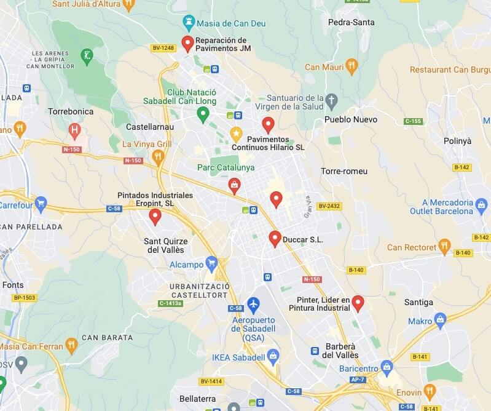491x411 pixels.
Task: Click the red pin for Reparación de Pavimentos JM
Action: point(187,43)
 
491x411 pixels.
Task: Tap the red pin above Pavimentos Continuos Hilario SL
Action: point(267,124)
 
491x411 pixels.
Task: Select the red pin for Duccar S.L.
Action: point(275,238)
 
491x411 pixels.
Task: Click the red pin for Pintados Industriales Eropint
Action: point(155,216)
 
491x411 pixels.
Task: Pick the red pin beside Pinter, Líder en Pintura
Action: point(358,302)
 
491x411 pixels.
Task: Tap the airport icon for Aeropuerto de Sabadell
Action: point(253,303)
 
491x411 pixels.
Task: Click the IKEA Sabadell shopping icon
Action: point(273,356)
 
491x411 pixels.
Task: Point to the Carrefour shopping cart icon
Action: point(41,202)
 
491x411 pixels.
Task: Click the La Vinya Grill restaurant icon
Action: point(159,158)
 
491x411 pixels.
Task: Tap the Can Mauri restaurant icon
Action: point(352,66)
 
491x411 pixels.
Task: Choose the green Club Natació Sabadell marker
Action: point(203,113)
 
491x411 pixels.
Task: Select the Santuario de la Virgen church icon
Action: point(332,100)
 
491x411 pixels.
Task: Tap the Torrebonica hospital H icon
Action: point(75,130)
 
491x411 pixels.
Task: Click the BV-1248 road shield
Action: point(163,47)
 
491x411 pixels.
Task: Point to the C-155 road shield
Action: point(413,121)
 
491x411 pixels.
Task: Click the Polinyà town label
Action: point(457,141)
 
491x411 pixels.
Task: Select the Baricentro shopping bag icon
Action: point(387,368)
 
